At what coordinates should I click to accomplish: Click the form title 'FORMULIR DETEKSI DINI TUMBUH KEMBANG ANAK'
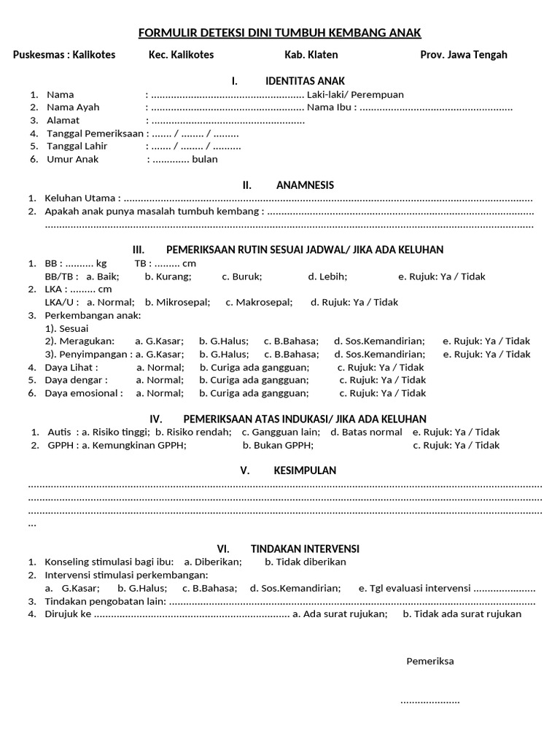[x=280, y=33]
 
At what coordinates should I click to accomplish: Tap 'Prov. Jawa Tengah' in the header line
[x=463, y=55]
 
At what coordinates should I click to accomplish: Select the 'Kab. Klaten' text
[x=311, y=55]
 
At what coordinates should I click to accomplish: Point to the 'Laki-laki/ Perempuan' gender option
[x=355, y=94]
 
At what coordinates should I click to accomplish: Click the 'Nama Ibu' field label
[x=332, y=107]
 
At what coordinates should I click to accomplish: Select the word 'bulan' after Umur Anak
[x=204, y=159]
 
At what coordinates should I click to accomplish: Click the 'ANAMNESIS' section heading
[x=305, y=185]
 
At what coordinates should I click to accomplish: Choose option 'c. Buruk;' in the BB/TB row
[x=242, y=276]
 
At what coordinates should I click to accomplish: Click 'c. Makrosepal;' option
[x=259, y=302]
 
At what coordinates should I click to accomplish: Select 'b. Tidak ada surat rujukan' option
[x=462, y=614]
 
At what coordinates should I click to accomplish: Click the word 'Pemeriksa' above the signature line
[x=429, y=661]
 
